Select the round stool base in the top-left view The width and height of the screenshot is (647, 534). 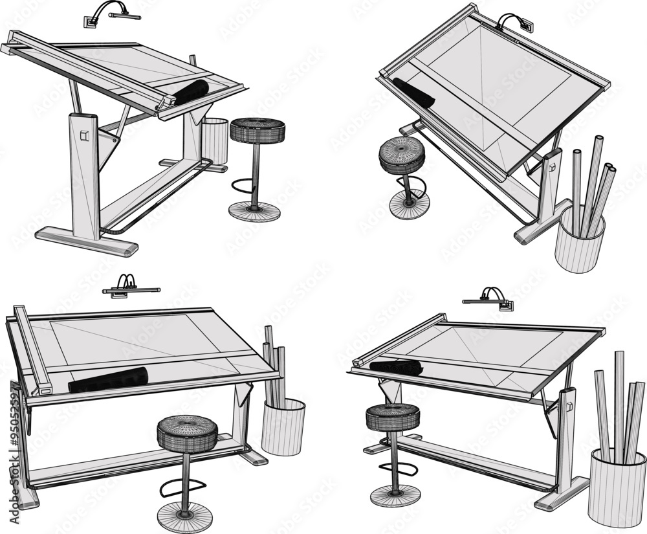point(255,211)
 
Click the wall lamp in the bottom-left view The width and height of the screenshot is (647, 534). point(129,287)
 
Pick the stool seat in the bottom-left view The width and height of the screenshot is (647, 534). point(187,432)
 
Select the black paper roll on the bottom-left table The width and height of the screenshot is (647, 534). point(108,379)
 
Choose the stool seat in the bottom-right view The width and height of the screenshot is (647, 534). point(393,416)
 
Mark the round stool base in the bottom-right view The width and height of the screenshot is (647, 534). point(395,495)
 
